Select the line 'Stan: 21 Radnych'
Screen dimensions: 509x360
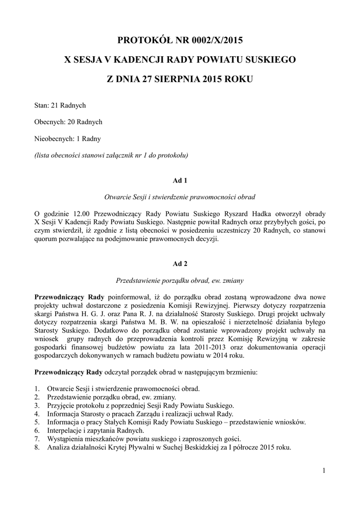60,105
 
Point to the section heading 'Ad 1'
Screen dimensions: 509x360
180,180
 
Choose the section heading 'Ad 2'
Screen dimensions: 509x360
180,263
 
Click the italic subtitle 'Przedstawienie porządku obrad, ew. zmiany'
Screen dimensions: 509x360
180,280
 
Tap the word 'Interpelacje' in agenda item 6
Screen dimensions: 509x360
66,430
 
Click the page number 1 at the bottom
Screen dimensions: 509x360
323,471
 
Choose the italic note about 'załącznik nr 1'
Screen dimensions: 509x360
110,155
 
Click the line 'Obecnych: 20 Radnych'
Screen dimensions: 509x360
68,122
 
